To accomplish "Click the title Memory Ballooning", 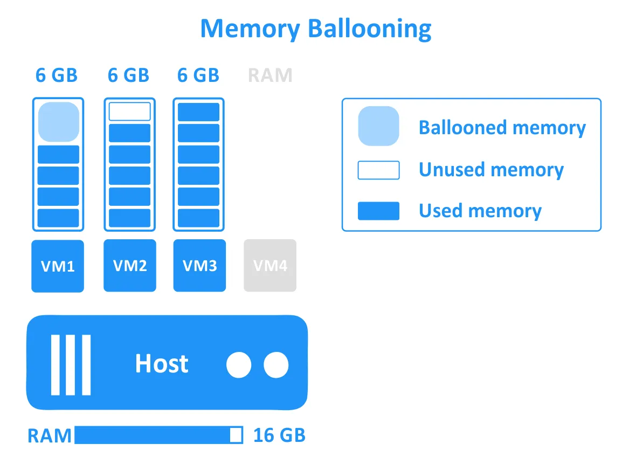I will pyautogui.click(x=315, y=29).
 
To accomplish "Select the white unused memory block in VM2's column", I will pyautogui.click(x=129, y=112).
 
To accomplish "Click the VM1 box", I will pyautogui.click(x=58, y=266).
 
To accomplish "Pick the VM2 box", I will pyautogui.click(x=129, y=266).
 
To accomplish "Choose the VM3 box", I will pyautogui.click(x=199, y=266).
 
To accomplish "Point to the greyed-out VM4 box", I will pyautogui.click(x=270, y=266).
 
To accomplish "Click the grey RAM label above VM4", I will pyautogui.click(x=270, y=75).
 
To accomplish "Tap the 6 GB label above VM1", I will pyautogui.click(x=57, y=75).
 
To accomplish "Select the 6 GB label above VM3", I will pyautogui.click(x=198, y=75).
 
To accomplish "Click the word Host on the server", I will pyautogui.click(x=162, y=364).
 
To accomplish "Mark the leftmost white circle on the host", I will pyautogui.click(x=239, y=365).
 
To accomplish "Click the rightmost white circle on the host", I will pyautogui.click(x=276, y=365).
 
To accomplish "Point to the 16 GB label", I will pyautogui.click(x=279, y=435).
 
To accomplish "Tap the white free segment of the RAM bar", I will pyautogui.click(x=236, y=435).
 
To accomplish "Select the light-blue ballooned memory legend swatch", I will pyautogui.click(x=378, y=126).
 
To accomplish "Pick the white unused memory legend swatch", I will pyautogui.click(x=378, y=170).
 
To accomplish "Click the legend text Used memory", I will pyautogui.click(x=480, y=211).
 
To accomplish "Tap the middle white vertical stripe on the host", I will pyautogui.click(x=71, y=365).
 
